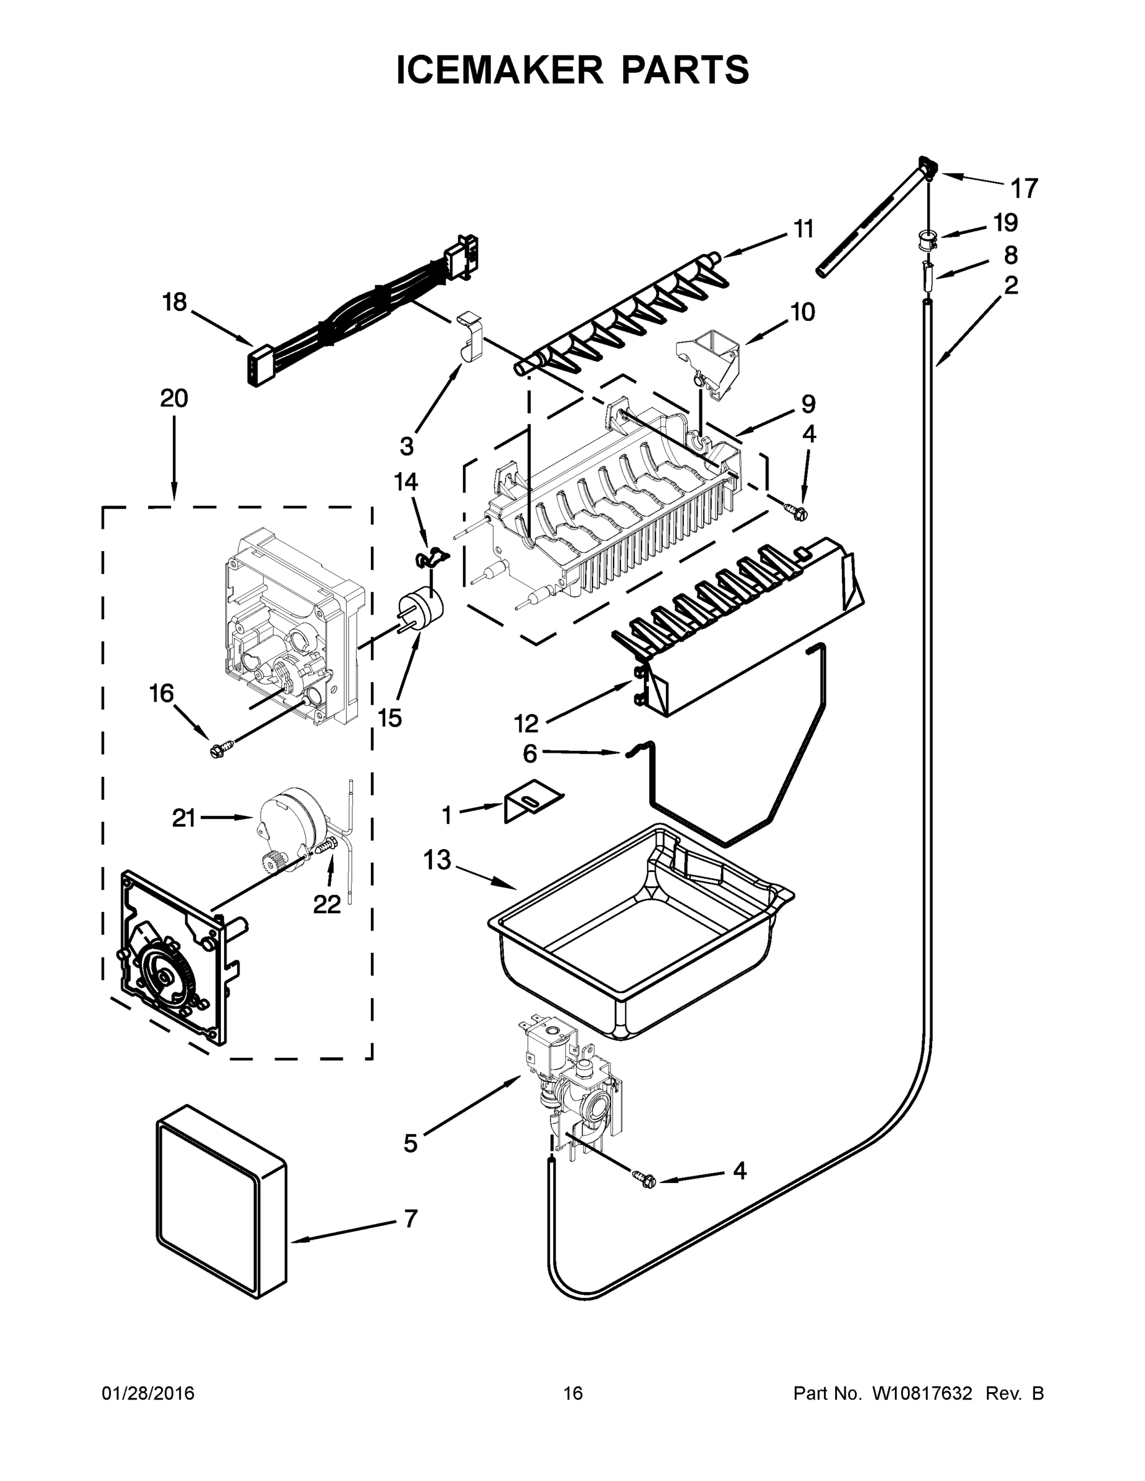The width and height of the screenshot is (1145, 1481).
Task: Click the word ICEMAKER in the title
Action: pos(498,70)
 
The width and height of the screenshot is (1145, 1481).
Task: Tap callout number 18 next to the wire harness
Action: pos(174,302)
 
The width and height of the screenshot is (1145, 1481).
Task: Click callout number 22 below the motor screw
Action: pos(327,904)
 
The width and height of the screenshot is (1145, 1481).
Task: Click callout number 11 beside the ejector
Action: pos(804,230)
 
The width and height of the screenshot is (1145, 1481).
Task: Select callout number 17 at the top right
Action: pos(1024,188)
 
